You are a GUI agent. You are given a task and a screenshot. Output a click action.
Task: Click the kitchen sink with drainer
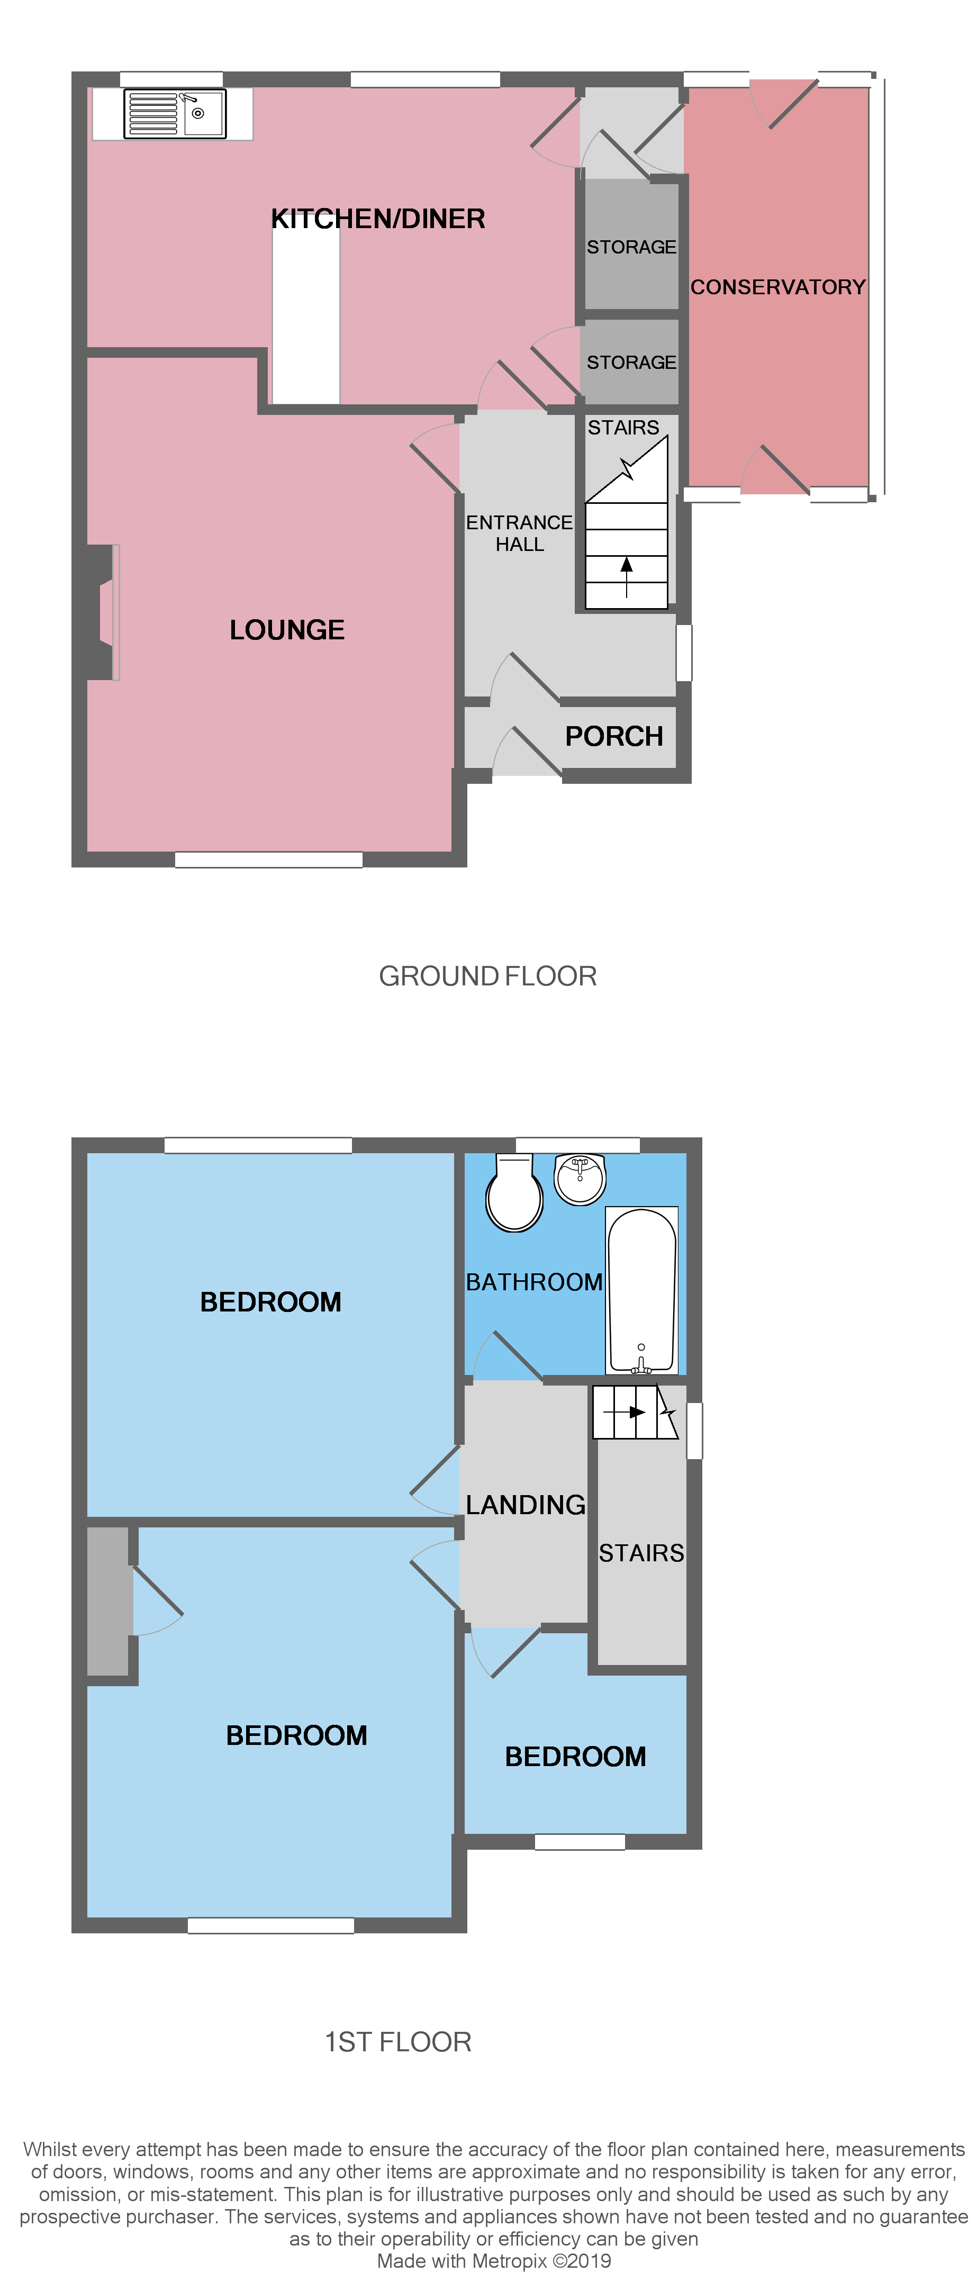[174, 113]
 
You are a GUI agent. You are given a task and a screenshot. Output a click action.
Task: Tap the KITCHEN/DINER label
[378, 219]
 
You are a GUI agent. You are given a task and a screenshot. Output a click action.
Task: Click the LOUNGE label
[287, 629]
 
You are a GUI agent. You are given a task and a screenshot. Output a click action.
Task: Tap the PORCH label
[614, 736]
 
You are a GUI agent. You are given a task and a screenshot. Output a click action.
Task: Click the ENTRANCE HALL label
[520, 533]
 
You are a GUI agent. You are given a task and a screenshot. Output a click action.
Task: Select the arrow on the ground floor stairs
[627, 576]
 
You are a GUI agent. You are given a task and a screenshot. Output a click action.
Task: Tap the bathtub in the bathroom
[641, 1290]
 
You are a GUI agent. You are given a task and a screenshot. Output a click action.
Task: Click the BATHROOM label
[533, 1282]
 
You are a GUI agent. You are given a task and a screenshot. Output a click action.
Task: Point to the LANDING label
[526, 1505]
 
